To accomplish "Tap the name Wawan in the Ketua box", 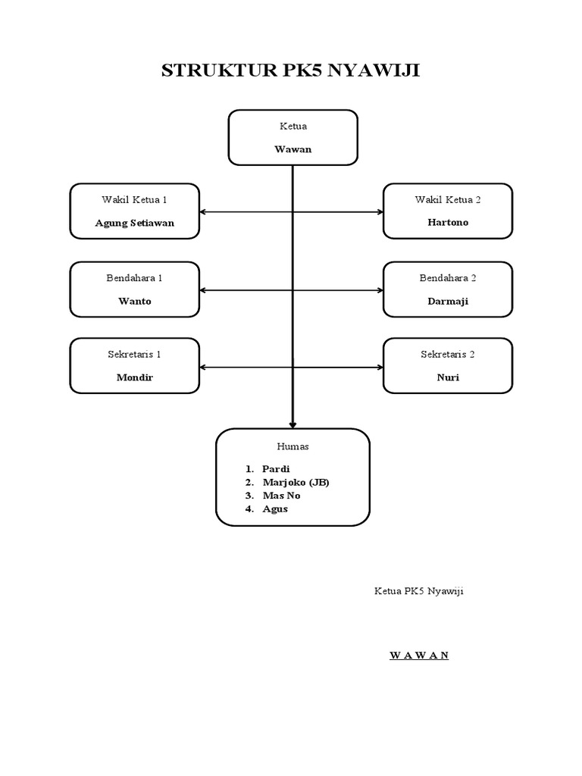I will point(293,149).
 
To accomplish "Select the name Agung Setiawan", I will point(134,223).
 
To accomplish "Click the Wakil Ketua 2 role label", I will point(447,199).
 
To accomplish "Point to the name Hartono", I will point(447,223).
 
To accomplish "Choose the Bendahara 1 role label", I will point(134,278).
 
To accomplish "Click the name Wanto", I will point(134,301).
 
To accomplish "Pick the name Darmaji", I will point(447,301).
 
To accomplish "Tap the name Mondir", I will point(134,377).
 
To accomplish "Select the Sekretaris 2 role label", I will point(447,354).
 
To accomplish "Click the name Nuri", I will point(447,377).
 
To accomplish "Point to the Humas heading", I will point(293,447).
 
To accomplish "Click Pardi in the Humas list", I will point(276,469).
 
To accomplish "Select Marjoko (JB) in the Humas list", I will point(296,482).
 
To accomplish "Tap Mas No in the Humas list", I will point(281,496).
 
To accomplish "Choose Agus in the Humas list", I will point(275,509).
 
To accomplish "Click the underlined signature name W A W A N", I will point(419,656).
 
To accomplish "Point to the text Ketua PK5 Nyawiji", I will point(418,591).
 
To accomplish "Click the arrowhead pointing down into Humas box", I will point(293,424).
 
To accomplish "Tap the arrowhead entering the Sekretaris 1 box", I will point(203,368).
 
